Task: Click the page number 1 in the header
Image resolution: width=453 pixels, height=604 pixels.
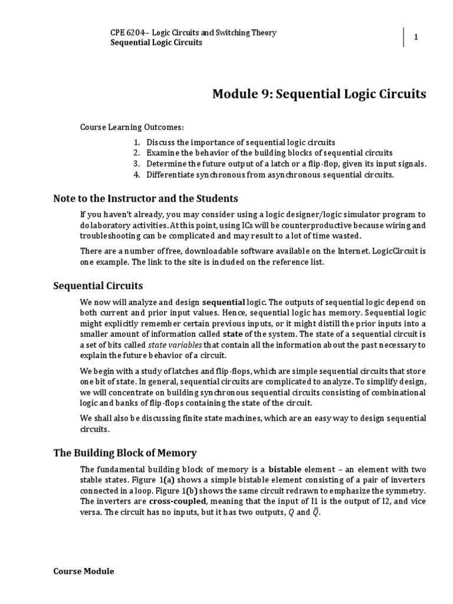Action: tap(416, 37)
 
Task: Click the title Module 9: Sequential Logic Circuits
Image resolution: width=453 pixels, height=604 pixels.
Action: tap(319, 94)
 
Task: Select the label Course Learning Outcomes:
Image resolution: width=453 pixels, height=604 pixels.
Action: tap(132, 127)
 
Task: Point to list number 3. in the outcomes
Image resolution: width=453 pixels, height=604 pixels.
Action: tap(137, 164)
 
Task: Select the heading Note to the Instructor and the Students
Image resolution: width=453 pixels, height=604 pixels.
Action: tap(146, 198)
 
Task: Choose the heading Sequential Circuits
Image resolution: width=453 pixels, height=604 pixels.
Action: tap(98, 286)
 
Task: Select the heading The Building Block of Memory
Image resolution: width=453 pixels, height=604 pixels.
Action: tap(125, 453)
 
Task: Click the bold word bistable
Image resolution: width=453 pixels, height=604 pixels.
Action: tap(289, 470)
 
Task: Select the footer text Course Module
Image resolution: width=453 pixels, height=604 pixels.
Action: tap(84, 572)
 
